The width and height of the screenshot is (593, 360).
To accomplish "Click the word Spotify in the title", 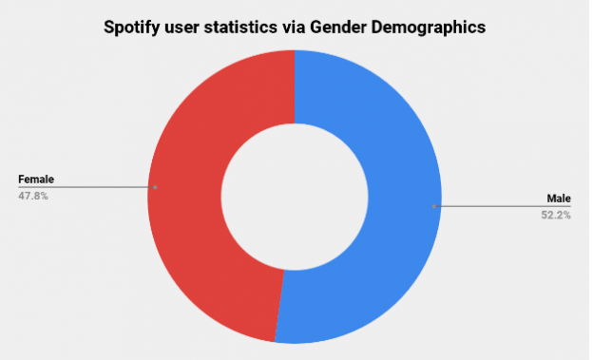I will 137,28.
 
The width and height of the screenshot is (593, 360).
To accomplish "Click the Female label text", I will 36,179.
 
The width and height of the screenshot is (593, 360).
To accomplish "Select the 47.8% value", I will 32,196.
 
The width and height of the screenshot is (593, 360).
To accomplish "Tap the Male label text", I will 558,198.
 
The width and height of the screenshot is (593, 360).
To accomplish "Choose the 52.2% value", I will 555,215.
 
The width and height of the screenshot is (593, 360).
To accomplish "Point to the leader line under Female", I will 86,187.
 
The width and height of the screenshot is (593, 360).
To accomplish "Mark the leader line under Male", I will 504,206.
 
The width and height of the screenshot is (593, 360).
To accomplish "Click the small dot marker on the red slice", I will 155,187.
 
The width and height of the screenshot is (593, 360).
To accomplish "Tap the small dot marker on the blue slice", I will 433,206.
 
